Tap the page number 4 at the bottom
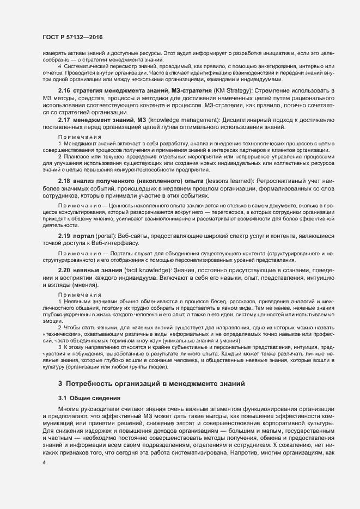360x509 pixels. click(44, 462)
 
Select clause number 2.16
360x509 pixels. click(64, 89)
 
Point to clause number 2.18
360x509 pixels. click(64, 180)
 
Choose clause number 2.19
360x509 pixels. click(64, 235)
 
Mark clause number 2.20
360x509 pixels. click(64, 269)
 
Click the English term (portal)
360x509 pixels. click(107, 235)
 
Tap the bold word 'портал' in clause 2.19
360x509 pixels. click(86, 235)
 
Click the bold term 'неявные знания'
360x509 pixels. click(97, 269)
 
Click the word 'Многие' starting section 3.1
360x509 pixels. click(69, 409)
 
